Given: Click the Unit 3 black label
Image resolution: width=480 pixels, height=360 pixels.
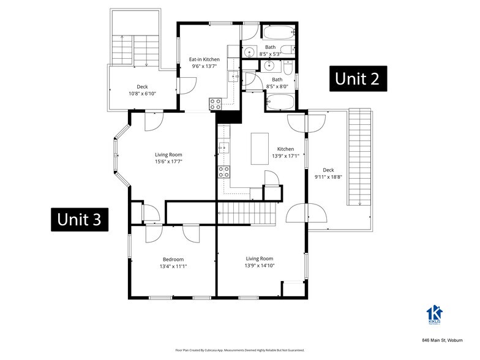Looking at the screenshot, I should click(80, 219).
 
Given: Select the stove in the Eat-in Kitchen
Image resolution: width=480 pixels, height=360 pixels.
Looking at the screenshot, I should click(216, 103).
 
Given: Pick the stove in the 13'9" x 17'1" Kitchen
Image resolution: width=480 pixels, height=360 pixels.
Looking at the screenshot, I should click(224, 171).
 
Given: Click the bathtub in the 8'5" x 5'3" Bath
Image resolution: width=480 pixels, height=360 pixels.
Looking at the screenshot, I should click(279, 32).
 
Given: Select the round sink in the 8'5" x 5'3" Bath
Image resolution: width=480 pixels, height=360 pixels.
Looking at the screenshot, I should click(249, 52).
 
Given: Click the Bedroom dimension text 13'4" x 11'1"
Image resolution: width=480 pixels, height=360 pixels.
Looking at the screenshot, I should click(173, 266).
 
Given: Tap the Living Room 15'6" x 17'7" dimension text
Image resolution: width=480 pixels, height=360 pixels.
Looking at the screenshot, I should click(168, 162).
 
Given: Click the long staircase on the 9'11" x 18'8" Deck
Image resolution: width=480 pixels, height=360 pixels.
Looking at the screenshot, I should click(360, 157).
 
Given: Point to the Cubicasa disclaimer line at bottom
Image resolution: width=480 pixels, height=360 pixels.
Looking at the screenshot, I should click(239, 350).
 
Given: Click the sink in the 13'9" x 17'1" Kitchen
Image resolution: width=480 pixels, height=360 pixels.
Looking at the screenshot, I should click(224, 147).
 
